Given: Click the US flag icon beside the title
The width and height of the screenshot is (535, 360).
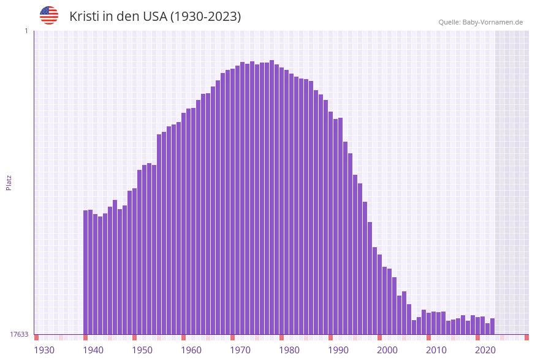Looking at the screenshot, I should tap(49, 15).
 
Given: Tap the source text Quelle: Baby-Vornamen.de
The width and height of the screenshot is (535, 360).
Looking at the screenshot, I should tap(480, 22).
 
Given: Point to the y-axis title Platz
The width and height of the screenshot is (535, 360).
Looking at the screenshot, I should tap(9, 182).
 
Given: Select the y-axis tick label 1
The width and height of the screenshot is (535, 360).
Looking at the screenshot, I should tap(26, 31).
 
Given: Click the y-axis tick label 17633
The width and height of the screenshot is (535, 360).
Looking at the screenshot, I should tap(19, 334).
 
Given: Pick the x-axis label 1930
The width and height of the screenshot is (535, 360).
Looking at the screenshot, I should tap(44, 350).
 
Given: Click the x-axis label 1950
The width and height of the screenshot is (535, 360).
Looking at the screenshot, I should tap(142, 350).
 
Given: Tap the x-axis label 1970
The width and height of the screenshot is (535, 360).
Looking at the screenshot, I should tap(240, 350).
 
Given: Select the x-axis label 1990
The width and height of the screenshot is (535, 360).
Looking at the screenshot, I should tap(338, 350).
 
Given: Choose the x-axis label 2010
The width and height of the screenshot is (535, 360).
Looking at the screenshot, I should tap(436, 350).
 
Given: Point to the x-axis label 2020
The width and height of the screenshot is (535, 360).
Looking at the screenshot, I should tap(485, 350).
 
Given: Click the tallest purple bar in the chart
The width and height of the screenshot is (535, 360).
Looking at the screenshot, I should tap(271, 196).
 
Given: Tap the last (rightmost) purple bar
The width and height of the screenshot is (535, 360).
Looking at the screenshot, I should tap(492, 326).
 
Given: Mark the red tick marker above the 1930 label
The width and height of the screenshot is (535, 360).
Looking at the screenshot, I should tap(36, 337).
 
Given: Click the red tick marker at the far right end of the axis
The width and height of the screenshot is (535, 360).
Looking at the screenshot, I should tap(526, 337).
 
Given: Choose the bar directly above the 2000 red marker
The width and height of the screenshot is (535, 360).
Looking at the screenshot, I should tap(379, 294).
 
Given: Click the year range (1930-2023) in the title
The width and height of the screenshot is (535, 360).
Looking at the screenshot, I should tap(205, 17).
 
